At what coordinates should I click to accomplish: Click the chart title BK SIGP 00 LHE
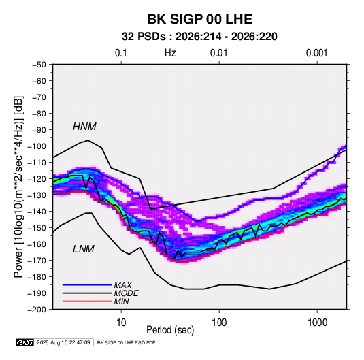click(x=200, y=19)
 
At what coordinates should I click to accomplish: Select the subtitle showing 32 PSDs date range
click(x=199, y=37)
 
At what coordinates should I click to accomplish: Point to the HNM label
click(x=84, y=127)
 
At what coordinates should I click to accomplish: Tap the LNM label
click(x=84, y=249)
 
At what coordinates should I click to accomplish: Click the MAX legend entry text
click(x=122, y=284)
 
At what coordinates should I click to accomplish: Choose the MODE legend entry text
click(x=127, y=293)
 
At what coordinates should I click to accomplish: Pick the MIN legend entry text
click(x=121, y=301)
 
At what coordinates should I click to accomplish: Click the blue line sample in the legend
click(x=87, y=284)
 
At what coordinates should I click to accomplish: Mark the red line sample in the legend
click(x=87, y=301)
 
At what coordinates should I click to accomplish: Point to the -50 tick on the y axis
click(x=39, y=65)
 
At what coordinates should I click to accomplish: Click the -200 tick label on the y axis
click(x=37, y=310)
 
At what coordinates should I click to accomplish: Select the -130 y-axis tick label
click(x=37, y=195)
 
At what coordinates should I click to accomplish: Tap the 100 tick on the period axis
click(x=219, y=323)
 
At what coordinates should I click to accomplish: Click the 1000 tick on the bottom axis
click(x=317, y=323)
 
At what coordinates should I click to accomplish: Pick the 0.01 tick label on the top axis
click(x=218, y=53)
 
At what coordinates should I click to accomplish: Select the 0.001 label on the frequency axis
click(x=316, y=53)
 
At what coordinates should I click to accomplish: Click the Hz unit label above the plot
click(x=170, y=53)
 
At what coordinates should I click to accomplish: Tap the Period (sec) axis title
click(x=170, y=330)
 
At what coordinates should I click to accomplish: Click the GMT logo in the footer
click(x=25, y=342)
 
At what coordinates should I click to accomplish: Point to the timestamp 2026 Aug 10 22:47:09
click(x=63, y=342)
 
